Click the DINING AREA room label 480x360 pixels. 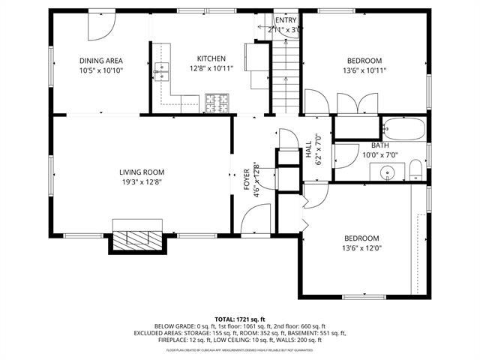point(101,61)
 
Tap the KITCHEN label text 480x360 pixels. point(211,58)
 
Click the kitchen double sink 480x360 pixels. point(162,72)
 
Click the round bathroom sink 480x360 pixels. point(388,172)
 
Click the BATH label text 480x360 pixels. point(379,145)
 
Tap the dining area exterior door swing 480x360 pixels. point(99,27)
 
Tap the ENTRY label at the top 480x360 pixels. point(285,20)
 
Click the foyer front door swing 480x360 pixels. point(254,223)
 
